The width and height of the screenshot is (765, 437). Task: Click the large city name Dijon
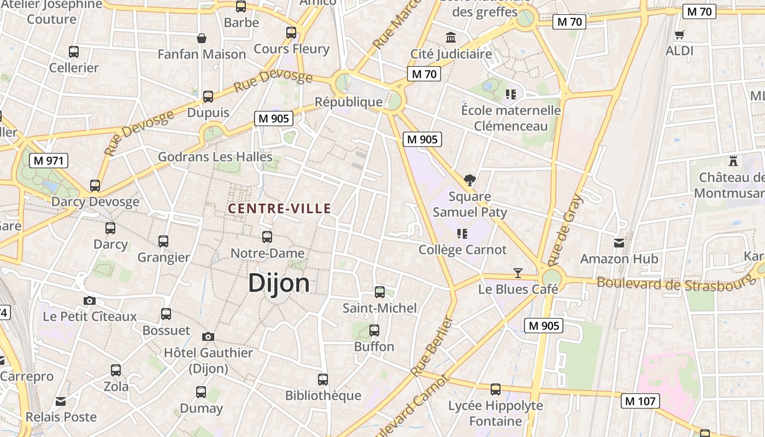pyautogui.click(x=279, y=283)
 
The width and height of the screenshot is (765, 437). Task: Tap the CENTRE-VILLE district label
pyautogui.click(x=279, y=208)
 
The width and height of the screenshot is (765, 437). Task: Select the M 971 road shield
pyautogui.click(x=49, y=161)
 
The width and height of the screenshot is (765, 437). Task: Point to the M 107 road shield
pyautogui.click(x=640, y=401)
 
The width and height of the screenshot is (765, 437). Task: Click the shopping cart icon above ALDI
pyautogui.click(x=679, y=35)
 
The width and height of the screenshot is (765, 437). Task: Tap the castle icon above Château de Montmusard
pyautogui.click(x=733, y=161)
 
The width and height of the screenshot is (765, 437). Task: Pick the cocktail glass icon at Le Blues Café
pyautogui.click(x=518, y=273)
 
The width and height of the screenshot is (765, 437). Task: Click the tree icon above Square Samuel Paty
pyautogui.click(x=469, y=180)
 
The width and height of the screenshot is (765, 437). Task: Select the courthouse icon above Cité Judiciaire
pyautogui.click(x=451, y=38)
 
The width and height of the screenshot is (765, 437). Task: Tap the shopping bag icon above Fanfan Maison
pyautogui.click(x=202, y=38)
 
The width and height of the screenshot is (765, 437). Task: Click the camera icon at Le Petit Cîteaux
pyautogui.click(x=90, y=300)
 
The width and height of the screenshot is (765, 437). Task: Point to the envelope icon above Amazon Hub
pyautogui.click(x=619, y=243)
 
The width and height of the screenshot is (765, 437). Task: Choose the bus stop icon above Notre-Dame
pyautogui.click(x=267, y=237)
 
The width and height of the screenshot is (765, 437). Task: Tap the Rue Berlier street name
pyautogui.click(x=432, y=346)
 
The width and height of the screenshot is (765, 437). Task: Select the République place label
pyautogui.click(x=349, y=102)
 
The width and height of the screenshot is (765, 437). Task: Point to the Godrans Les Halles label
pyautogui.click(x=215, y=157)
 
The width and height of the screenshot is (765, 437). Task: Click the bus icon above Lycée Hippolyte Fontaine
pyautogui.click(x=496, y=389)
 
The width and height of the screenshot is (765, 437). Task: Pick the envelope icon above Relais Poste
pyautogui.click(x=61, y=401)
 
